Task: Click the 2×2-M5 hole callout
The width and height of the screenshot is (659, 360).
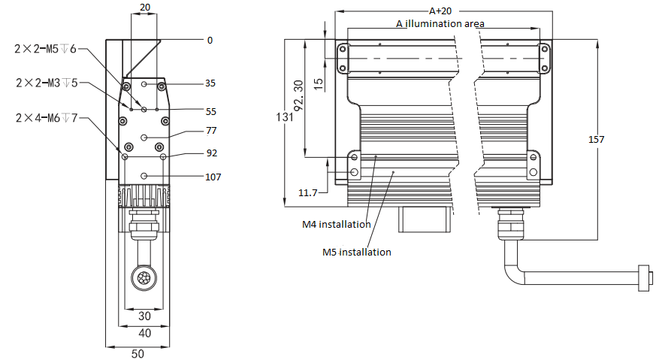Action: tap(45, 49)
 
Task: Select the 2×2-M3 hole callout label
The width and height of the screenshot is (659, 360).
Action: tap(45, 83)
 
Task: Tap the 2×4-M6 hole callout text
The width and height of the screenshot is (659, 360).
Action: tap(45, 117)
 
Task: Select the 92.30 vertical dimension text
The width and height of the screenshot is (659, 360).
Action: tap(298, 95)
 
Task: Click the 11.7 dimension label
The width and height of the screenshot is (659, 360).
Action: tap(308, 193)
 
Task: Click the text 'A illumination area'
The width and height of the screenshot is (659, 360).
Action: tap(440, 23)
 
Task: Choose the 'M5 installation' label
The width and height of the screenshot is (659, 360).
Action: tap(356, 252)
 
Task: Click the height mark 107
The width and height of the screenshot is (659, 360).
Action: tap(213, 177)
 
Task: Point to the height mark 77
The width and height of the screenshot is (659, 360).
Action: tap(211, 131)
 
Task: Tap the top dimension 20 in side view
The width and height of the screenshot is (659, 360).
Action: tap(144, 7)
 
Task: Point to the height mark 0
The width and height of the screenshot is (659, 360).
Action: tap(210, 40)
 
